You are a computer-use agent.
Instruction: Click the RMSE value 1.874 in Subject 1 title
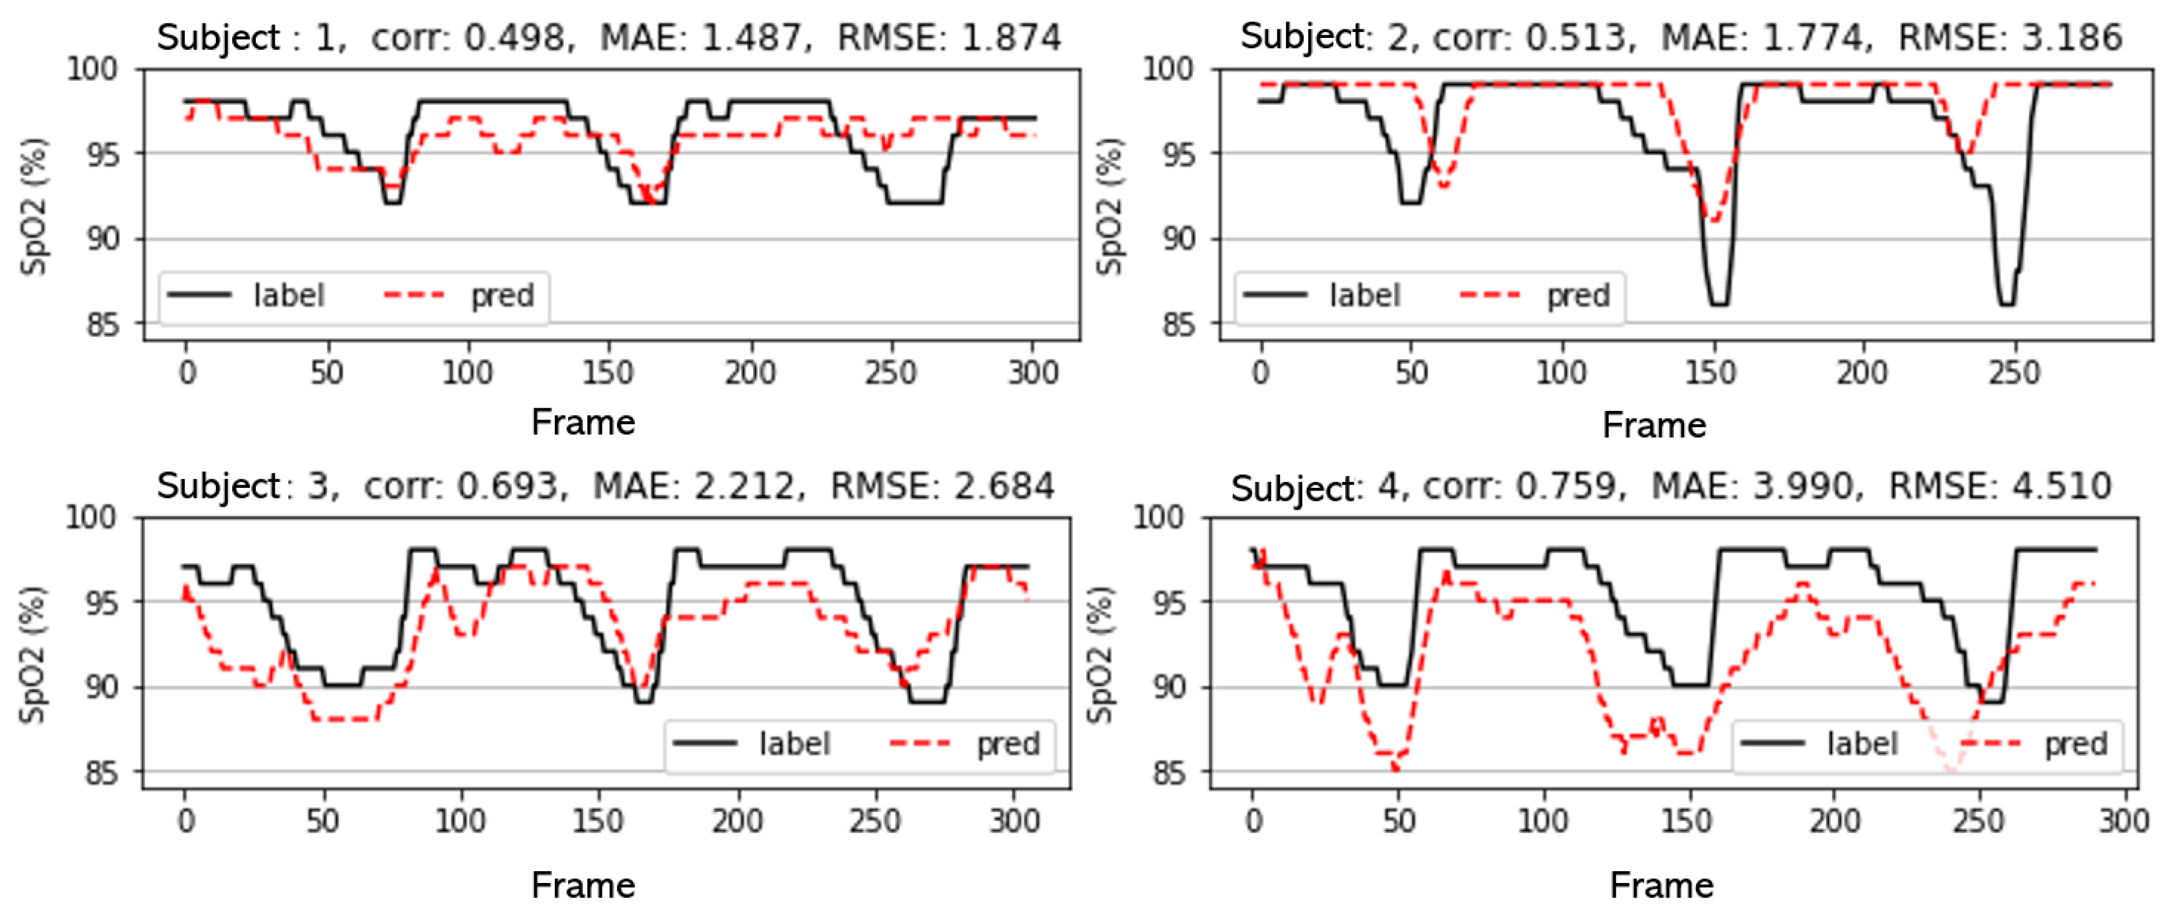pos(1011,37)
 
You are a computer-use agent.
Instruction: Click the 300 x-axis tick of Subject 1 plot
pos(1033,371)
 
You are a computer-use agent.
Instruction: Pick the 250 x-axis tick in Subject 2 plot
pos(2013,371)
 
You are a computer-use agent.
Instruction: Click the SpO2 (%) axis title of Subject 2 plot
pos(1110,207)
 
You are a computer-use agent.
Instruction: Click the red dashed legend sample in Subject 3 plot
pos(920,743)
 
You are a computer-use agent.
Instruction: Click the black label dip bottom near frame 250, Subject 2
pos(2007,304)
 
